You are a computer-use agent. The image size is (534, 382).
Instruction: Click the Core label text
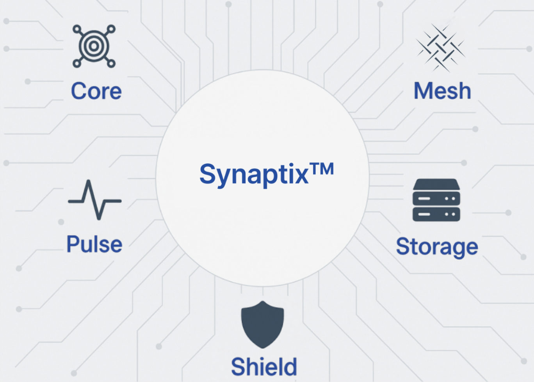96,91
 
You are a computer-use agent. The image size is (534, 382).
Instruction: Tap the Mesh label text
442,91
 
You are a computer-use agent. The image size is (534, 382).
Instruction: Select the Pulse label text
94,244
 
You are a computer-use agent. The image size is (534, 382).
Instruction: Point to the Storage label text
437,247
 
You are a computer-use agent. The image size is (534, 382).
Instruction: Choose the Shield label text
264,366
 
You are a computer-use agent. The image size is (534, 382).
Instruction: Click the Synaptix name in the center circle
254,174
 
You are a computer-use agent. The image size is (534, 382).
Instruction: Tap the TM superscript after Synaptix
322,169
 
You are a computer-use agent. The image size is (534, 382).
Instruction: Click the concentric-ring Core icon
94,46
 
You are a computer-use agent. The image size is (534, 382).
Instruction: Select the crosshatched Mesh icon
441,48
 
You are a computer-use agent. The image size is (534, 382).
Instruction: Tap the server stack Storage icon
436,200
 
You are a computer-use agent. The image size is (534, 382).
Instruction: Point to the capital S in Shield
239,366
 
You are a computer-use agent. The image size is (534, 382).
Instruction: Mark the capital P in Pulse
73,244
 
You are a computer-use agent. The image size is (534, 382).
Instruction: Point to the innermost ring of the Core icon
94,46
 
